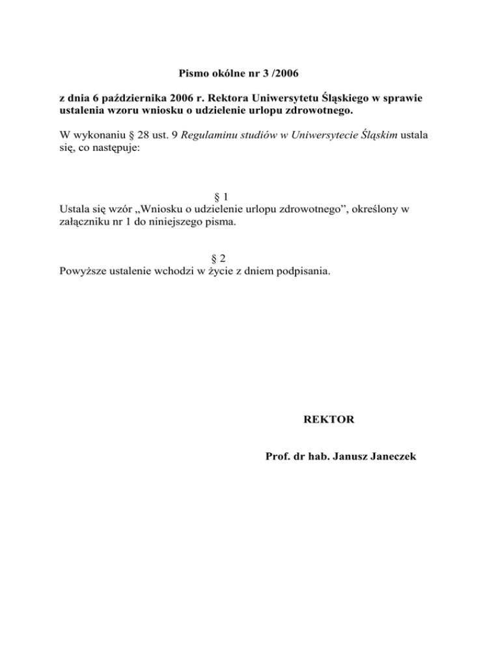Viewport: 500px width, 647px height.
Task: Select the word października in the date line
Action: (124, 99)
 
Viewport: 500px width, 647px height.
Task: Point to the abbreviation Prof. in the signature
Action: (278, 457)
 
